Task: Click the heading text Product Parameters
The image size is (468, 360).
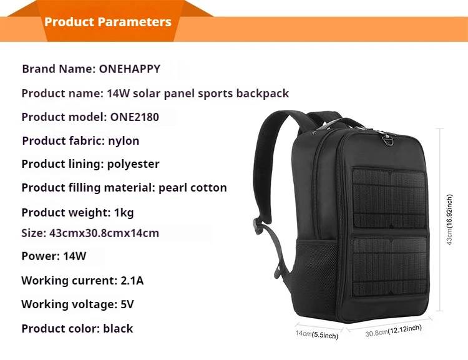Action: point(108,22)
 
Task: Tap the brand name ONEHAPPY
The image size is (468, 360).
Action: point(130,69)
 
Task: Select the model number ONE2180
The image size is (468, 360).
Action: point(135,117)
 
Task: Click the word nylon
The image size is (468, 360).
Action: point(124,140)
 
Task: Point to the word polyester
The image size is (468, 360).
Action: point(133,164)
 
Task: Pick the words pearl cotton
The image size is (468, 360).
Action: point(193,188)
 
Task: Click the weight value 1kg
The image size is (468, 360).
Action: point(124,213)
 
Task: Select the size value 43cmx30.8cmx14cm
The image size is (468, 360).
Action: point(104,233)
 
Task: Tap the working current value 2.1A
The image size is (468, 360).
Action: point(132,281)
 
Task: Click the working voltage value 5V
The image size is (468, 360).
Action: point(127,304)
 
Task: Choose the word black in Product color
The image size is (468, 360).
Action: point(118,328)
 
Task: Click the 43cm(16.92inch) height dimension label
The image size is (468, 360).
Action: point(449,220)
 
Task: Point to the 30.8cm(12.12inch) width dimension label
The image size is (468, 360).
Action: point(394,331)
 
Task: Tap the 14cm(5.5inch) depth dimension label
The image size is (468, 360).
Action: point(317,334)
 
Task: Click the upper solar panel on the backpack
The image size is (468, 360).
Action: point(389,198)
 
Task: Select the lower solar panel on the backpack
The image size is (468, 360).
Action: point(391,266)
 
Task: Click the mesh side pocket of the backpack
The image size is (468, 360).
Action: point(316,268)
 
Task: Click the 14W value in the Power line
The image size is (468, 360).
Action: point(75,256)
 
